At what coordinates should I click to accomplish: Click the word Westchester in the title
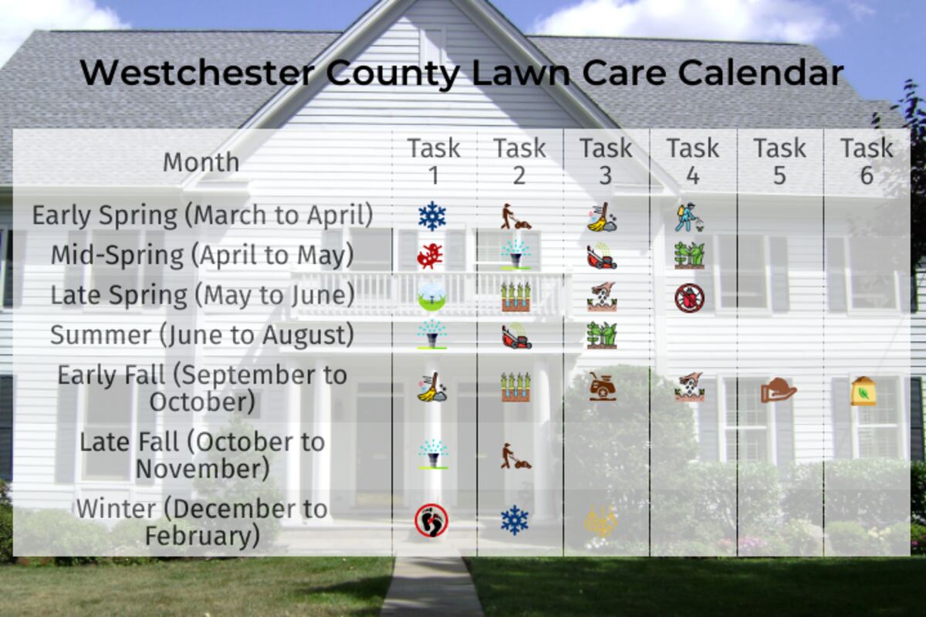click(x=198, y=73)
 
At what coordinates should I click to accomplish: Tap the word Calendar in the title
click(x=761, y=73)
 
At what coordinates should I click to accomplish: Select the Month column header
click(x=201, y=162)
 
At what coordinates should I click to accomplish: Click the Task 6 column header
click(x=867, y=162)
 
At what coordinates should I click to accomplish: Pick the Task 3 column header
click(x=606, y=162)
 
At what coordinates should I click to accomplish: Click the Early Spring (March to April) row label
click(x=202, y=215)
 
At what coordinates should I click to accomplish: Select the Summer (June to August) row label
click(x=202, y=335)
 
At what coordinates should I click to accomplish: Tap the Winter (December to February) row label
click(x=202, y=522)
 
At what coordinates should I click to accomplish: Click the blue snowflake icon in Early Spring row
click(x=432, y=216)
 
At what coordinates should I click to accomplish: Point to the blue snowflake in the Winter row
click(x=515, y=520)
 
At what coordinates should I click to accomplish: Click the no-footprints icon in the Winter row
click(x=431, y=520)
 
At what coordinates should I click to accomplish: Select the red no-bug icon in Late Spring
click(x=690, y=297)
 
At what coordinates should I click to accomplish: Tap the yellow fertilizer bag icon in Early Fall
click(x=863, y=391)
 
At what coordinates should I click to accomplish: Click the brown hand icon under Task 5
click(x=779, y=390)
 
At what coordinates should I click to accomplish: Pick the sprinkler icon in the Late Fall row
click(x=433, y=454)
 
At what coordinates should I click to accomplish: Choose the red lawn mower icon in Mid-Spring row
click(x=602, y=256)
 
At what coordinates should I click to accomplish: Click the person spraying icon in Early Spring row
click(x=689, y=217)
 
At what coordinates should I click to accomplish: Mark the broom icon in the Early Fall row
click(x=432, y=387)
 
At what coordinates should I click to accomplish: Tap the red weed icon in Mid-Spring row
click(x=431, y=256)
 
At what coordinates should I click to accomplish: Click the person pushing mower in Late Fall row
click(x=516, y=456)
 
